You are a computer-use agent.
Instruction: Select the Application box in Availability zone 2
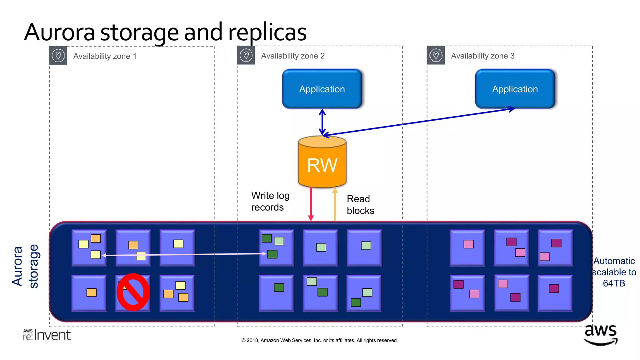[322, 89]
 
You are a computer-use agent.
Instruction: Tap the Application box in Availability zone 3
[515, 89]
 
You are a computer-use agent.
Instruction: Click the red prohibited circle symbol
[133, 292]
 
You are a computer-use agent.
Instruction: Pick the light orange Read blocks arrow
[335, 205]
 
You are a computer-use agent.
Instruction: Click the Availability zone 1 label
[105, 56]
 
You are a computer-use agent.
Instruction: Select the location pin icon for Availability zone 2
[246, 56]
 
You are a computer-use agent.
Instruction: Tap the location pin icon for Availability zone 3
[436, 56]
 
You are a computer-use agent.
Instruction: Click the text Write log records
[270, 201]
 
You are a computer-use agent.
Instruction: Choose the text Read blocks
[360, 205]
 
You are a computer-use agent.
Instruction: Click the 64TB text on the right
[614, 283]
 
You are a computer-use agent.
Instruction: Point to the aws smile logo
[600, 335]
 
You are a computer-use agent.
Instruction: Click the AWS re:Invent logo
[47, 335]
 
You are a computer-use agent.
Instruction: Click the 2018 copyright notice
[319, 340]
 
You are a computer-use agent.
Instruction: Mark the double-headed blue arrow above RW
[322, 122]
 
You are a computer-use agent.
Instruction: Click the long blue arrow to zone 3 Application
[419, 122]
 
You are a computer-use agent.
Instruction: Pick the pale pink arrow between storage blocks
[184, 255]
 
